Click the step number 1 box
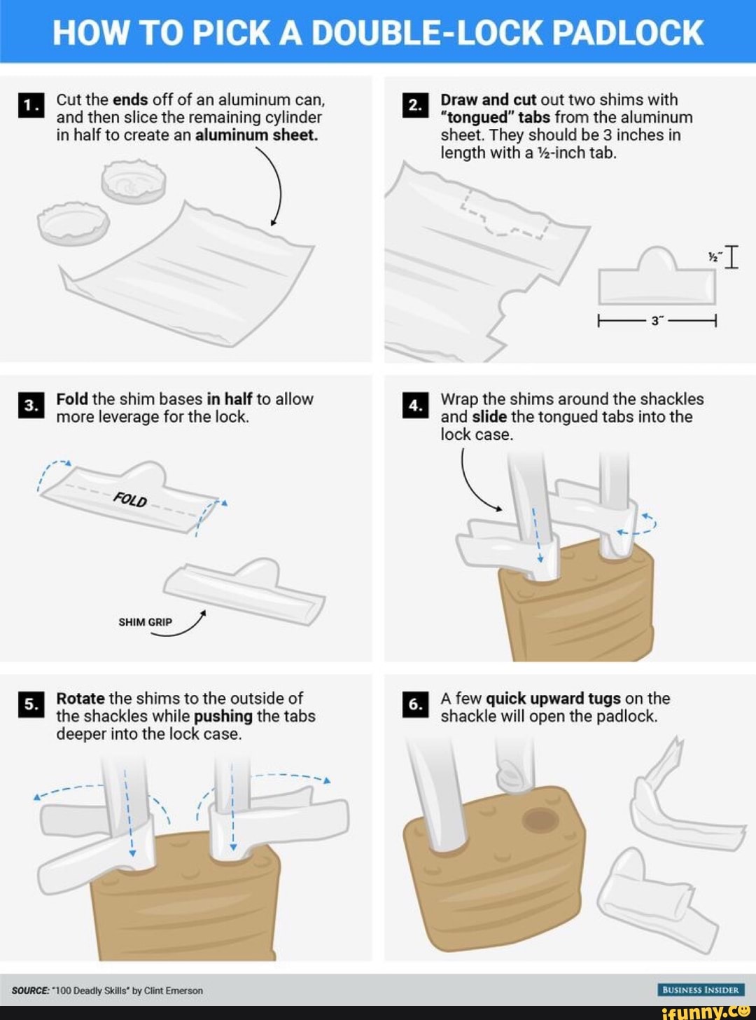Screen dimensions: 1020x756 point(29,105)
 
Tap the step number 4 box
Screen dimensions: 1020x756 point(414,406)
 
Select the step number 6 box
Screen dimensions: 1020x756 point(414,705)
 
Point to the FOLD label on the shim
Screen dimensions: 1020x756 point(130,500)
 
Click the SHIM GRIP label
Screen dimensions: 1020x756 point(145,622)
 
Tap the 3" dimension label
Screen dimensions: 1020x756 point(657,321)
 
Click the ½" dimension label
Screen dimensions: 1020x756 point(713,257)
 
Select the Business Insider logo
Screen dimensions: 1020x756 point(700,990)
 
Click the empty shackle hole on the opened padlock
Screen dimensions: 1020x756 point(539,818)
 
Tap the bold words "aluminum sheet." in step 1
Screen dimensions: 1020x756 point(256,135)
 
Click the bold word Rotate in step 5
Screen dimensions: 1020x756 point(80,698)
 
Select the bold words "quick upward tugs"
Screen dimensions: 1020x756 point(553,698)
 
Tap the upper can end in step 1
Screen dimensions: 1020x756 point(134,180)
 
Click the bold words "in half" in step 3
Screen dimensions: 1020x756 point(229,399)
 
